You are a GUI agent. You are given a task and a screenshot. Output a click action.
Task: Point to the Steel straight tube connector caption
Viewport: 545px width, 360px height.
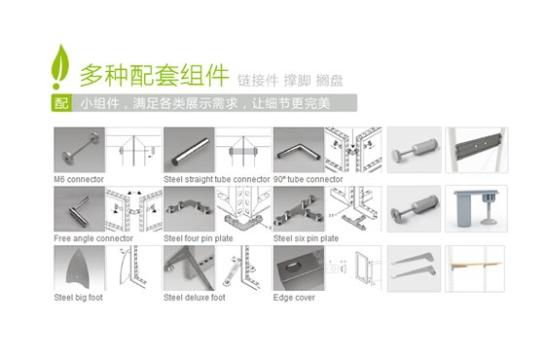tap(216, 180)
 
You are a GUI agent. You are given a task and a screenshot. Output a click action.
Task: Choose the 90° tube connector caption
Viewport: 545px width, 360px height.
tap(308, 180)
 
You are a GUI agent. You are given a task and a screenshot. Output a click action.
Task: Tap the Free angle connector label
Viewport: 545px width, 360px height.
tap(93, 237)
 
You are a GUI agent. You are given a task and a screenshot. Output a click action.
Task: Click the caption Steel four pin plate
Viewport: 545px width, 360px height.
tap(197, 237)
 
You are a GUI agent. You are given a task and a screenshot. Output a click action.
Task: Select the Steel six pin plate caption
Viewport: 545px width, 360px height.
tap(306, 237)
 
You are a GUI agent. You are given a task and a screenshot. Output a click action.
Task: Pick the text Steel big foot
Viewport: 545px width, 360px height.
tap(78, 297)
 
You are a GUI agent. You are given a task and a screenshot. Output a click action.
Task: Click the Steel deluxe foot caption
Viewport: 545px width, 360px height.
tap(194, 297)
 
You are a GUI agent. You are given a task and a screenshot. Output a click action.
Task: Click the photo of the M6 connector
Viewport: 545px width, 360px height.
tap(78, 150)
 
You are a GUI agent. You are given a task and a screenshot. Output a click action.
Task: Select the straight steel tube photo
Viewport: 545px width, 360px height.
tap(188, 150)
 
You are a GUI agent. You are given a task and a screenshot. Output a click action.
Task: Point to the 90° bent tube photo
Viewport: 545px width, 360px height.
tap(298, 150)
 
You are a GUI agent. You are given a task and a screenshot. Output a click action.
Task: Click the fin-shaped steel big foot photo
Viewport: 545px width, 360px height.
tap(78, 268)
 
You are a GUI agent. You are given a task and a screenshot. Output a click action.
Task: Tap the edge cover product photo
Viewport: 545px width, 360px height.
tap(298, 268)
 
